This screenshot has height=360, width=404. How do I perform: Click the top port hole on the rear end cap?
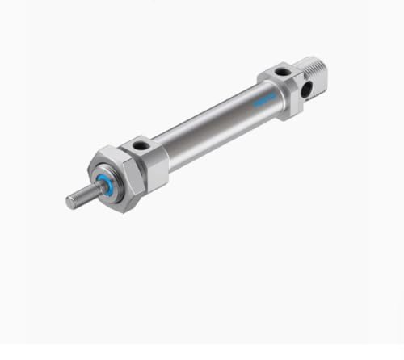click(281, 72)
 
